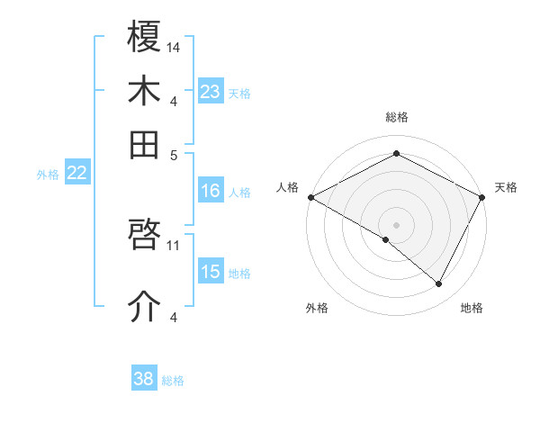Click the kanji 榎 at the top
pyautogui.click(x=145, y=37)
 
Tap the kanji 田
pyautogui.click(x=145, y=144)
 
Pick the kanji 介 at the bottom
pyautogui.click(x=145, y=306)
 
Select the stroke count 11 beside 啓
pyautogui.click(x=174, y=244)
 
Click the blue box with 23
pyautogui.click(x=210, y=92)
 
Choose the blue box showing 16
pyautogui.click(x=210, y=191)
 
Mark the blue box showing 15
pyautogui.click(x=210, y=272)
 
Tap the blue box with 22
pyautogui.click(x=76, y=174)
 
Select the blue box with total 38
pyautogui.click(x=143, y=380)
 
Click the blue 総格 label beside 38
pyautogui.click(x=173, y=381)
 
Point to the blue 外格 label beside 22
pyautogui.click(x=48, y=175)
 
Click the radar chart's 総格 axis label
pyautogui.click(x=396, y=117)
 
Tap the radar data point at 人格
pyautogui.click(x=310, y=197)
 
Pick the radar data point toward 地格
pyautogui.click(x=438, y=283)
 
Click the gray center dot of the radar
pyautogui.click(x=396, y=223)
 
